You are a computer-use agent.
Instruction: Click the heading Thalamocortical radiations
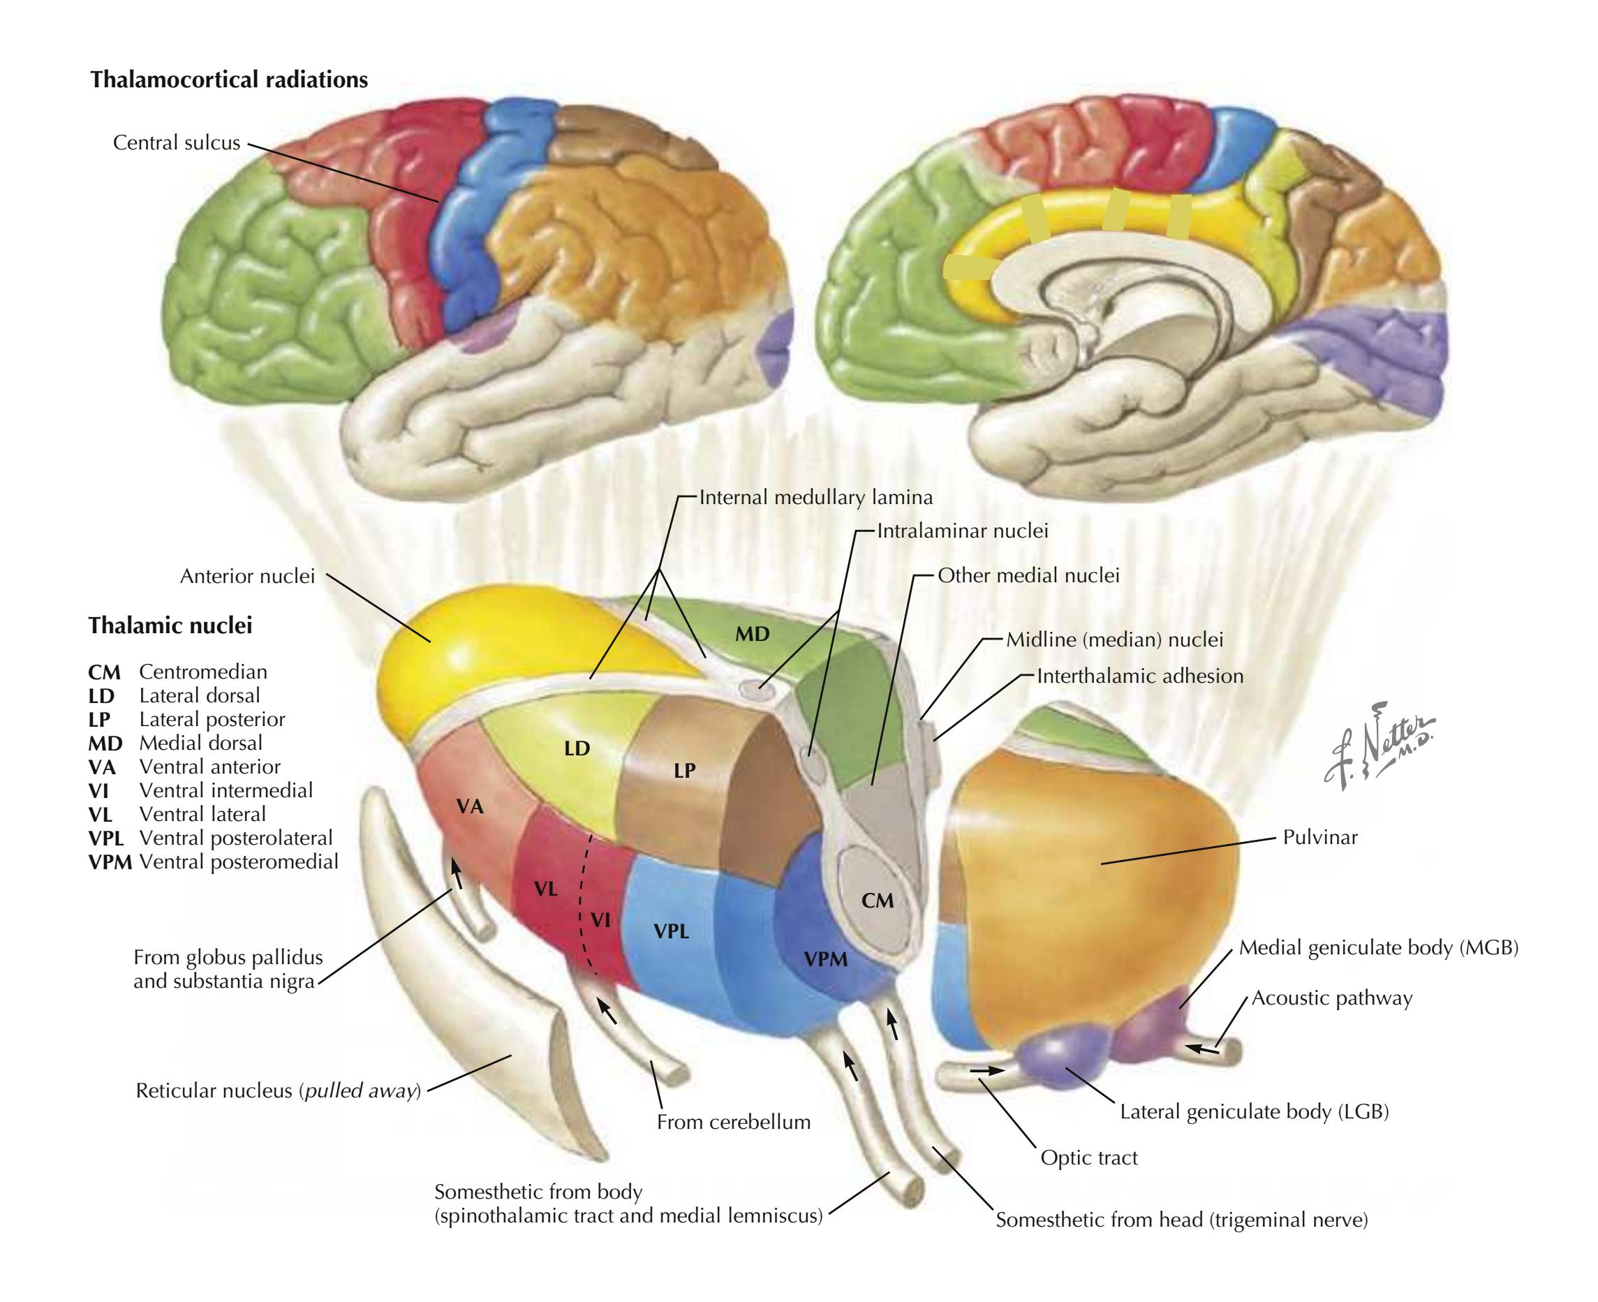pyautogui.click(x=229, y=80)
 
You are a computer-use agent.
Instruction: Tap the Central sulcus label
pyautogui.click(x=176, y=142)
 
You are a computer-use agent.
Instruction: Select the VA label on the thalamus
pyautogui.click(x=470, y=806)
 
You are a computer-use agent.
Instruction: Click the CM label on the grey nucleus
pyautogui.click(x=877, y=900)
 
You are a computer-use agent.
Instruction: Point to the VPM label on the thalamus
pyautogui.click(x=826, y=958)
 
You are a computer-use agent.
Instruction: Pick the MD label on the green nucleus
pyautogui.click(x=751, y=635)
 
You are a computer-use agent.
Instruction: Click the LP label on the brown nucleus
pyautogui.click(x=684, y=770)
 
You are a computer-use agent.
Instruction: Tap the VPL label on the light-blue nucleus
pyautogui.click(x=671, y=931)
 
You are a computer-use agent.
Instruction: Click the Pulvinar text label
pyautogui.click(x=1319, y=837)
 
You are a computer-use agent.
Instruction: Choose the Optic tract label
pyautogui.click(x=1088, y=1158)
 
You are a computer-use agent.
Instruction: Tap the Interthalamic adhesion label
pyautogui.click(x=1140, y=676)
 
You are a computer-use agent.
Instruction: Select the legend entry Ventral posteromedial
pyautogui.click(x=239, y=861)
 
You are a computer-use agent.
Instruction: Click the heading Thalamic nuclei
pyautogui.click(x=170, y=625)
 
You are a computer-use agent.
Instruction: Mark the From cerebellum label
pyautogui.click(x=734, y=1122)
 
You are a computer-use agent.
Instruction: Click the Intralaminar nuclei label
pyautogui.click(x=962, y=531)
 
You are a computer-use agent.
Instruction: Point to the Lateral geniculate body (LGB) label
pyautogui.click(x=1255, y=1111)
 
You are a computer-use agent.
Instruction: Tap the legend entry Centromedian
pyautogui.click(x=202, y=672)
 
